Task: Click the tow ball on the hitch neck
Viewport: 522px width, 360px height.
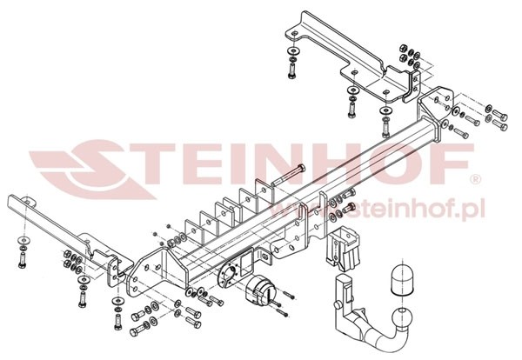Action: pyautogui.click(x=403, y=317)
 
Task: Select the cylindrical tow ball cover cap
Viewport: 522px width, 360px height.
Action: pyautogui.click(x=403, y=279)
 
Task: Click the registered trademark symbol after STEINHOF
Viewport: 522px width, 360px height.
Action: pyautogui.click(x=475, y=179)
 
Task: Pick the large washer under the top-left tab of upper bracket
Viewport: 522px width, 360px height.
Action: pyautogui.click(x=292, y=51)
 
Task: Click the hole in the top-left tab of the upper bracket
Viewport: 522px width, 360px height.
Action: pyautogui.click(x=294, y=34)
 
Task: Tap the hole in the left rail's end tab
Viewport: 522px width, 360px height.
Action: pyautogui.click(x=29, y=202)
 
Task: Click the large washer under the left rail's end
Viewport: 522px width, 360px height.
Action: pyautogui.click(x=23, y=239)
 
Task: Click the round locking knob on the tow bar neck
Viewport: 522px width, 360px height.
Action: pyautogui.click(x=337, y=303)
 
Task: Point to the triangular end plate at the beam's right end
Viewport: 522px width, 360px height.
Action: pyautogui.click(x=435, y=106)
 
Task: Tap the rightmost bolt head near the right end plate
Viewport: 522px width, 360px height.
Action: pyautogui.click(x=504, y=117)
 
